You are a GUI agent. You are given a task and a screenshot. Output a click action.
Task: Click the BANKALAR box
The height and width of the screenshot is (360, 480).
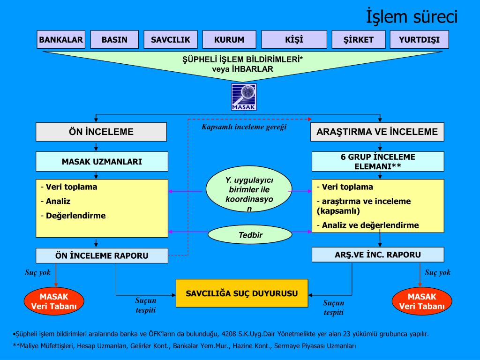pyautogui.click(x=61, y=40)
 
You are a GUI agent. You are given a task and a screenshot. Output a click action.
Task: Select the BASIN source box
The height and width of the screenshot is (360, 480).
pyautogui.click(x=114, y=40)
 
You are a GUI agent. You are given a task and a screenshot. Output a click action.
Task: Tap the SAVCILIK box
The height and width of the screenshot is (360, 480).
pyautogui.click(x=171, y=40)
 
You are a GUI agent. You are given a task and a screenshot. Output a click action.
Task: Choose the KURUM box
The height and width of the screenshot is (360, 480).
pyautogui.click(x=229, y=40)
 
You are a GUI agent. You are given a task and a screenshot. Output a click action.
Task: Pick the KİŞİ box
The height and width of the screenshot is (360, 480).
pyautogui.click(x=294, y=40)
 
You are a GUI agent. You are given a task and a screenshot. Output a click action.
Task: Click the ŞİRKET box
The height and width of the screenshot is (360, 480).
pyautogui.click(x=359, y=40)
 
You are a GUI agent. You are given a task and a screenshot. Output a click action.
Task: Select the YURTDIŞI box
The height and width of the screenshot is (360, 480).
pyautogui.click(x=419, y=40)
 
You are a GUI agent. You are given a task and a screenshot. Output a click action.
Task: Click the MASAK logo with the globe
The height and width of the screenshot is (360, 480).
pyautogui.click(x=244, y=97)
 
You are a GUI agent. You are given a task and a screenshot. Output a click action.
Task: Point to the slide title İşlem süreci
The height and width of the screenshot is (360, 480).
pyautogui.click(x=411, y=17)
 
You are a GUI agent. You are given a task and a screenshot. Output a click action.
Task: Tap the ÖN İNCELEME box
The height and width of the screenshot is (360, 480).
pyautogui.click(x=101, y=132)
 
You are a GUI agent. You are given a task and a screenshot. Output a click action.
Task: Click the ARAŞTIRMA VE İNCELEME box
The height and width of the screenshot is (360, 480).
pyautogui.click(x=377, y=132)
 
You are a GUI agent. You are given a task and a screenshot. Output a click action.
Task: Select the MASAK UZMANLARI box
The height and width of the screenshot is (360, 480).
pyautogui.click(x=102, y=162)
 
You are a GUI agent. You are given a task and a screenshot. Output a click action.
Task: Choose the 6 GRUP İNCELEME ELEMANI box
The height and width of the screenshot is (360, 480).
pyautogui.click(x=378, y=162)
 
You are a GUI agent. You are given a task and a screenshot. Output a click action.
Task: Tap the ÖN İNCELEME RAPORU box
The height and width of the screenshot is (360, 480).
pyautogui.click(x=102, y=255)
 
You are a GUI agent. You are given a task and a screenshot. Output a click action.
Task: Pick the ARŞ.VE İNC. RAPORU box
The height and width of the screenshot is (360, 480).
pyautogui.click(x=378, y=255)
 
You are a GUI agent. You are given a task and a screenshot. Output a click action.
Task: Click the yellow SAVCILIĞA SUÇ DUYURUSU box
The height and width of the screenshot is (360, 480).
pyautogui.click(x=242, y=293)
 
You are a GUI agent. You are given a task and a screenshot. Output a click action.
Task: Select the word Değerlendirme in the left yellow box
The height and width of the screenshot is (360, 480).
pyautogui.click(x=76, y=216)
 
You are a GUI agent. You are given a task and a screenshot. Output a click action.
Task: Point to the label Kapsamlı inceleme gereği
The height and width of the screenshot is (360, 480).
pyautogui.click(x=244, y=127)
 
